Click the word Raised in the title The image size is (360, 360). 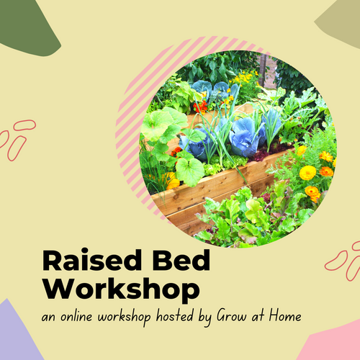tap(92, 260)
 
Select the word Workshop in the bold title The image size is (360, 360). tap(121, 289)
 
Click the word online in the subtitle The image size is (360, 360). tap(76, 316)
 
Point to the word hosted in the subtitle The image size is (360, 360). tap(175, 316)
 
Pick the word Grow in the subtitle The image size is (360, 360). tap(232, 316)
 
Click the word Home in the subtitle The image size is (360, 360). tap(285, 316)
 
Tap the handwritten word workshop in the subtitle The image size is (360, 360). tap(125, 318)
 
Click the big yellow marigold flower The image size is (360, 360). tap(307, 173)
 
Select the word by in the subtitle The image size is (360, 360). tap(204, 318)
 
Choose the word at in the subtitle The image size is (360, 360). tap(258, 316)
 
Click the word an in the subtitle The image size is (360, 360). tap(49, 318)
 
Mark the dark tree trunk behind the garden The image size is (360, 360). tap(263, 70)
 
